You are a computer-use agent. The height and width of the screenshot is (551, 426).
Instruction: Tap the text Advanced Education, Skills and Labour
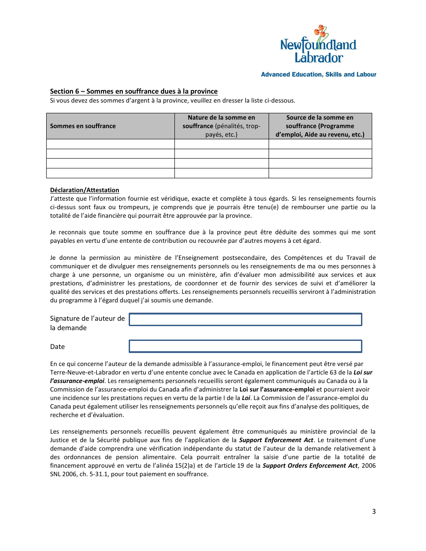pyautogui.click(x=318, y=74)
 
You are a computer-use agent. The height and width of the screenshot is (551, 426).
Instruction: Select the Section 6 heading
pyautogui.click(x=134, y=91)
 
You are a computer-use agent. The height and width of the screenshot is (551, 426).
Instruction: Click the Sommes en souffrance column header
pyautogui.click(x=83, y=126)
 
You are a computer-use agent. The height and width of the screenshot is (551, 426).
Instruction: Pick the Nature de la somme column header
pyautogui.click(x=221, y=126)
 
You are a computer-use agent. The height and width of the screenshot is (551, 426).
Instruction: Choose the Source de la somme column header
pyautogui.click(x=320, y=126)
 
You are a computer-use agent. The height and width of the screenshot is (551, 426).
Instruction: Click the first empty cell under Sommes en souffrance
pyautogui.click(x=110, y=144)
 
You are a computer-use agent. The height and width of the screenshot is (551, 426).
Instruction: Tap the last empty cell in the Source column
pyautogui.click(x=320, y=173)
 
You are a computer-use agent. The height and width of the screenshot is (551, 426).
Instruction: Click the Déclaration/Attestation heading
pyautogui.click(x=85, y=190)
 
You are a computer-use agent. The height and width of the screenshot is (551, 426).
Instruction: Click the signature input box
pyautogui.click(x=245, y=319)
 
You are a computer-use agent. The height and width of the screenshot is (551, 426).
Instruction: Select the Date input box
pyautogui.click(x=245, y=346)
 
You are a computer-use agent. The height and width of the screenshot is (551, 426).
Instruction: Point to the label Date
pyautogui.click(x=57, y=347)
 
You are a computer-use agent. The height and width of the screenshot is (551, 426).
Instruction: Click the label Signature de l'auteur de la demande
pyautogui.click(x=87, y=323)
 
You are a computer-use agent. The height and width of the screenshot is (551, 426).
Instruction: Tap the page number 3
pyautogui.click(x=374, y=512)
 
